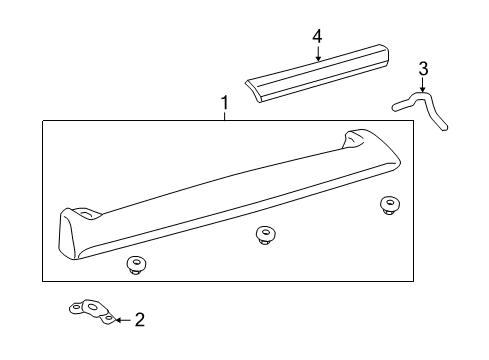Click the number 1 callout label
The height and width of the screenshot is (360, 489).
[224, 102]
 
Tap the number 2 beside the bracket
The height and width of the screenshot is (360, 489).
[139, 320]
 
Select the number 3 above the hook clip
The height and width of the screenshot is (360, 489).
[423, 69]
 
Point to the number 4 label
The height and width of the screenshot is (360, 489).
[317, 36]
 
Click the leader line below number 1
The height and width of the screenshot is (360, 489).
[224, 116]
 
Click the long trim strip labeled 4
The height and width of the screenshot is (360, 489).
[320, 74]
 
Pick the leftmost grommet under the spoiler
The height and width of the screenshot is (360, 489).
[134, 264]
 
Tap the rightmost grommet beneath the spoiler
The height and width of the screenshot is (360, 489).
[387, 206]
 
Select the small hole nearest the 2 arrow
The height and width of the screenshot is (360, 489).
[107, 318]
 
